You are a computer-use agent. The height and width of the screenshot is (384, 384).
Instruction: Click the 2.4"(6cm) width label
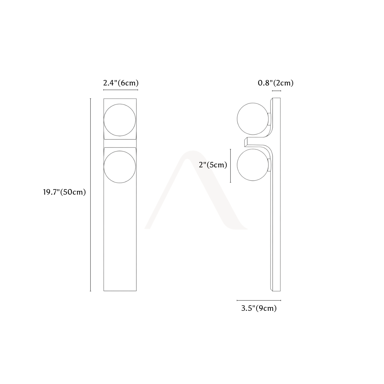point(121,83)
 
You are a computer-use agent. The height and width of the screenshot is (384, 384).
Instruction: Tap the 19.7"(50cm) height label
point(64,192)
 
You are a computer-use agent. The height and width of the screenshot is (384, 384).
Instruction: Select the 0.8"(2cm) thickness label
point(276,83)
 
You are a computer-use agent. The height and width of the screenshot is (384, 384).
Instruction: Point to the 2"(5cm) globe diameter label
point(213,165)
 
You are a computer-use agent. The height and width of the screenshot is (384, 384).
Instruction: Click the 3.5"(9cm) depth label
point(259,308)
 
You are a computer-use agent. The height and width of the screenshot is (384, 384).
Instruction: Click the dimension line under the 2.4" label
point(121,90)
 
